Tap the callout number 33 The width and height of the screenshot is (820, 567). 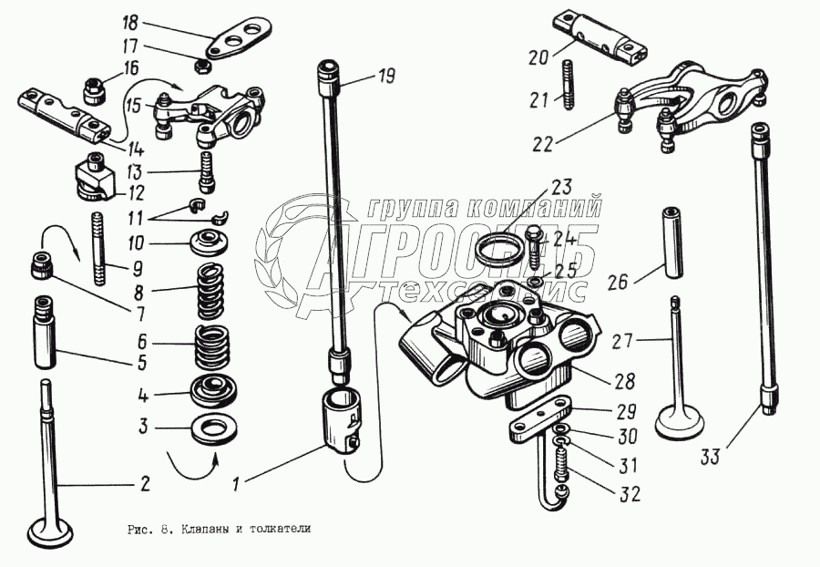pyautogui.click(x=711, y=457)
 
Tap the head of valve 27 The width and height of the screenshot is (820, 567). pyautogui.click(x=671, y=421)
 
